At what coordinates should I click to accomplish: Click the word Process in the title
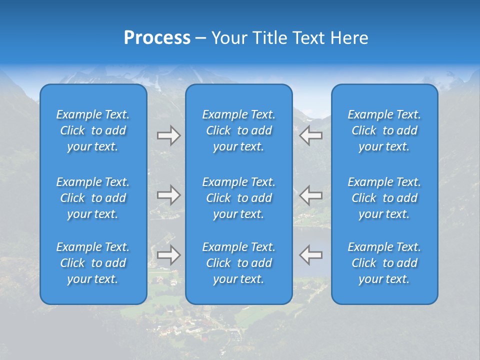coord(157,38)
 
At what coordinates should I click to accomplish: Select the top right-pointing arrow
coord(168,135)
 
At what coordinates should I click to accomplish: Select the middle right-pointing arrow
coord(168,195)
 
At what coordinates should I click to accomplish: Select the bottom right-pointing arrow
coord(168,255)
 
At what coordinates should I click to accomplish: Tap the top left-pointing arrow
coord(310,135)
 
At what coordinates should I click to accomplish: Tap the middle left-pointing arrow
coord(310,195)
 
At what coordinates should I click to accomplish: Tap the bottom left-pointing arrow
coord(310,255)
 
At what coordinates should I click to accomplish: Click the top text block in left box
coord(93,130)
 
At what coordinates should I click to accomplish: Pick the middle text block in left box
coord(93,198)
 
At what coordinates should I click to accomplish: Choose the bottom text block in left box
coord(93,263)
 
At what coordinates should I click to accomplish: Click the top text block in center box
coord(239,130)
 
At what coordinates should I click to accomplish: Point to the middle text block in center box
coord(239,198)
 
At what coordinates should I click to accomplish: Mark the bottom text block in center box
coord(239,263)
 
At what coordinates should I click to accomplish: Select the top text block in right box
coord(384,130)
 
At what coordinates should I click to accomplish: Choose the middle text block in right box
coord(384,198)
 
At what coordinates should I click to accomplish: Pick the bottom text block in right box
coord(384,263)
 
